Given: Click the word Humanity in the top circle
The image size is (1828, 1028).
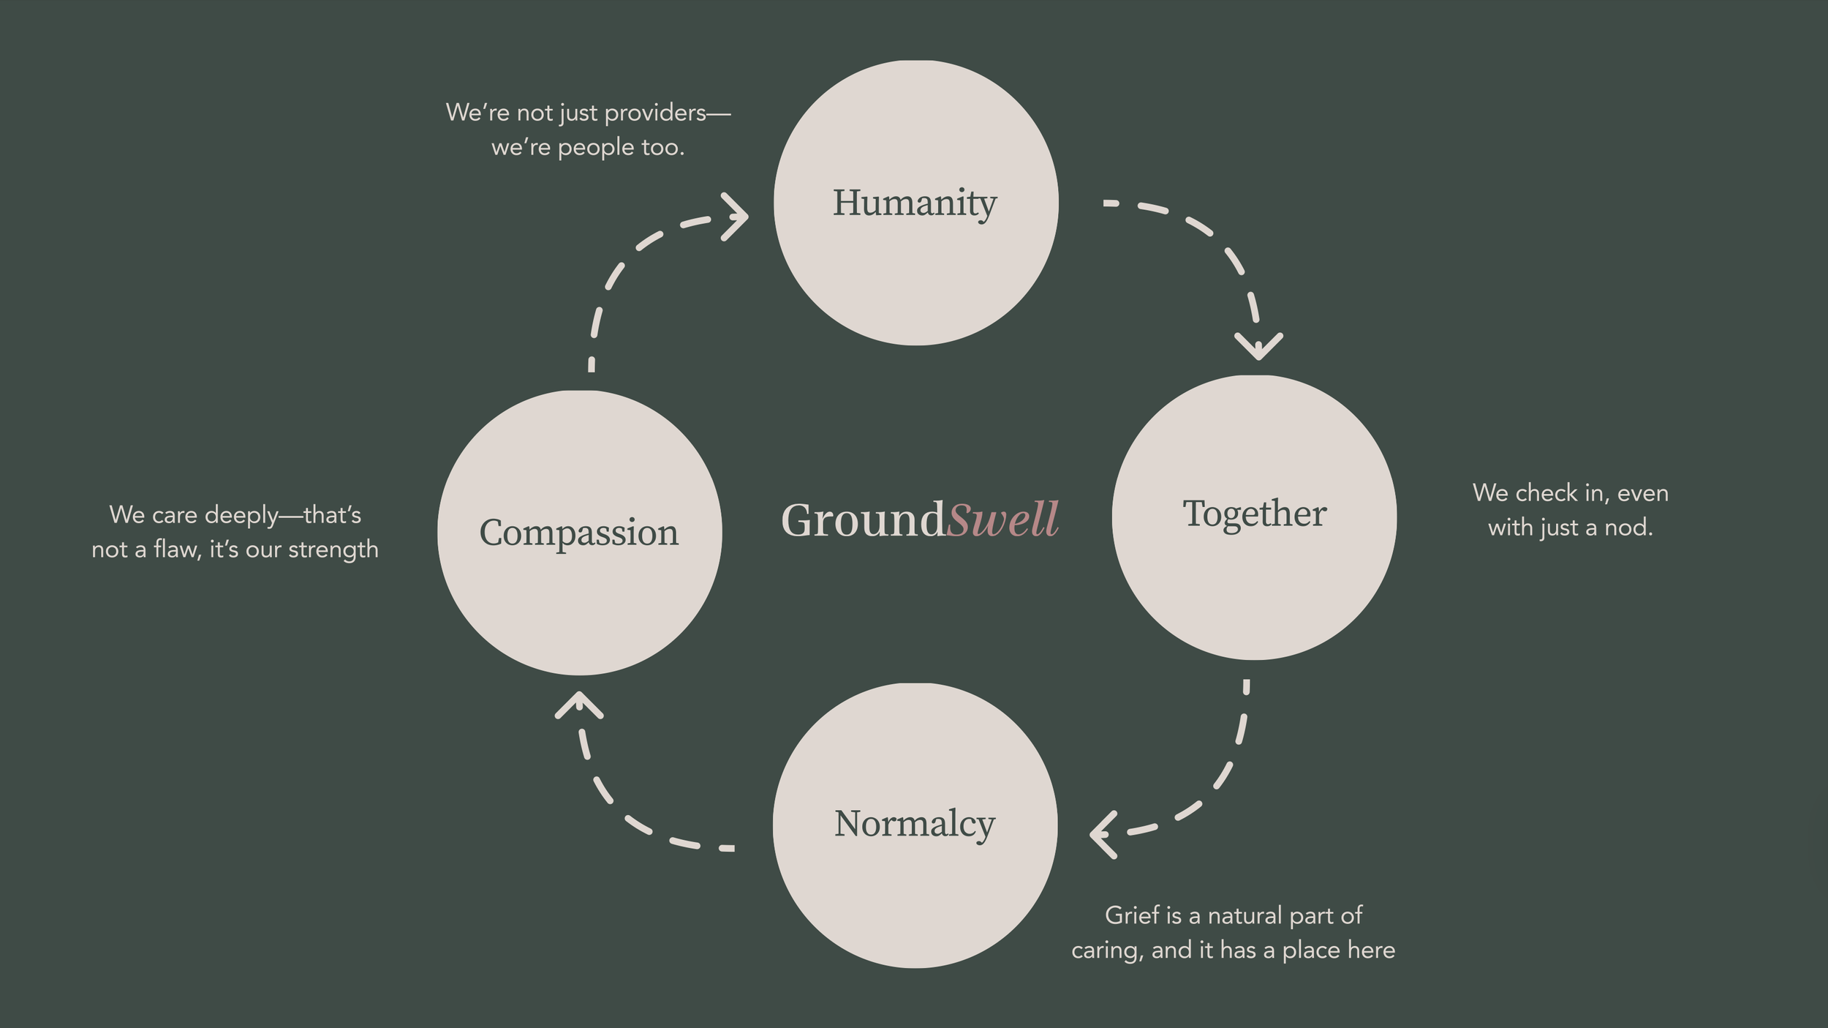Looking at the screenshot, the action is tap(914, 203).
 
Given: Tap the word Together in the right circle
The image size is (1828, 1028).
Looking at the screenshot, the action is tap(1254, 514).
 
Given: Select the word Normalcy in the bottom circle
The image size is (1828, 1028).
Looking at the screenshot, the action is tap(914, 824).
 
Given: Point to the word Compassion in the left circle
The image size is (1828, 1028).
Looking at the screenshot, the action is tap(578, 533).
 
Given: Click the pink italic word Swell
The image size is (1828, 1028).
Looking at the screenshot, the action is tap(1002, 520).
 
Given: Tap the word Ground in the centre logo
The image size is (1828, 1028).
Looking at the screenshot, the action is tap(863, 520).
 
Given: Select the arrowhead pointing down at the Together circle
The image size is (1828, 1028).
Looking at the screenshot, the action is tap(1258, 345).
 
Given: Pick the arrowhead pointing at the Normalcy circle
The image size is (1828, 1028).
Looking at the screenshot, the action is tap(1102, 834).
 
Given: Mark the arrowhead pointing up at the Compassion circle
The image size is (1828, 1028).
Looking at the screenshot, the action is tap(578, 704).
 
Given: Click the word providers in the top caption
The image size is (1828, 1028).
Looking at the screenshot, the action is tap(655, 113).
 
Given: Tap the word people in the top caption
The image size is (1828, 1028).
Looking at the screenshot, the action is tap(596, 148).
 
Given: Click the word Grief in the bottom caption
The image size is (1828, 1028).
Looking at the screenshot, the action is tap(1132, 915).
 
